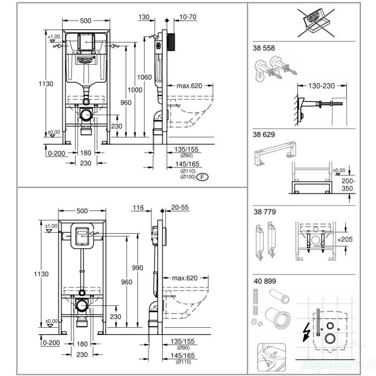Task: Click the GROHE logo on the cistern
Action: (x=86, y=59)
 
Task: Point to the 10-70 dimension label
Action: (x=187, y=17)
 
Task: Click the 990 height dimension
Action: (x=137, y=267)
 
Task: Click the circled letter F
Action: (x=202, y=177)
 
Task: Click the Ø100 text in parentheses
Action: (x=187, y=177)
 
